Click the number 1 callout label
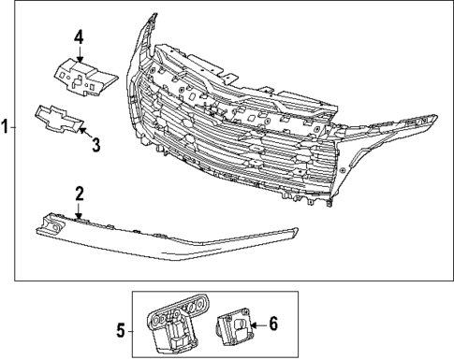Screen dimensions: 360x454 [6, 129]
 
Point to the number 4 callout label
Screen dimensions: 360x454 [80, 37]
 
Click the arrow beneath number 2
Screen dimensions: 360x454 [80, 213]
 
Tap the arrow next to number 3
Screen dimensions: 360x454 [82, 130]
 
